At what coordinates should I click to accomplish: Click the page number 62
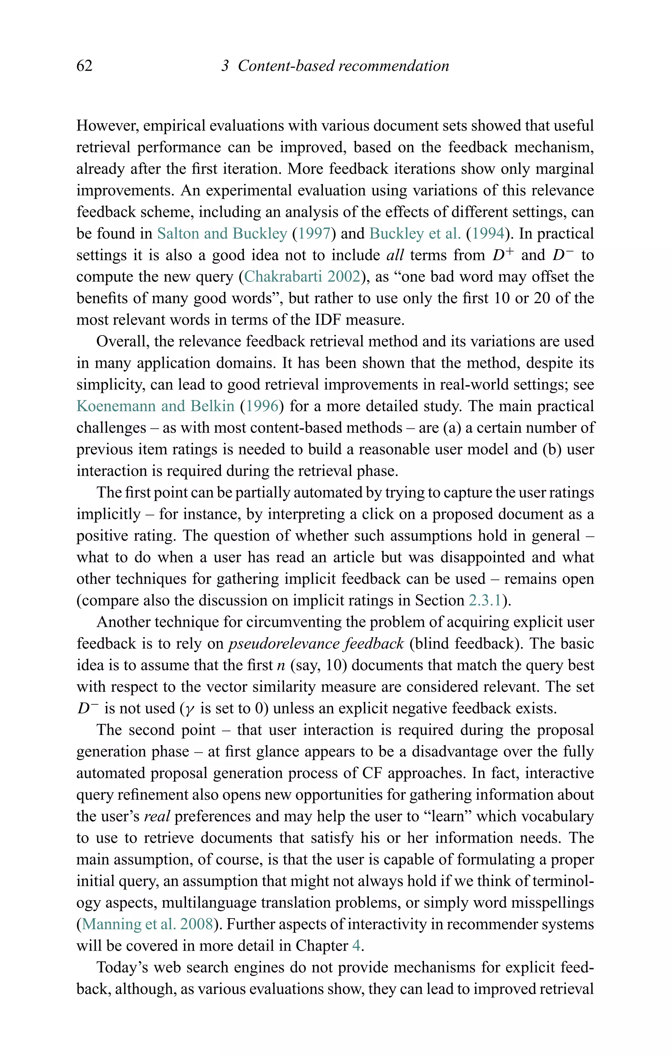84,66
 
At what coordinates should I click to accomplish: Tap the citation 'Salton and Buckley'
222,234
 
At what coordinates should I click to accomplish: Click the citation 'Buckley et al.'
415,234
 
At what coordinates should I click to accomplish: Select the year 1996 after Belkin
262,406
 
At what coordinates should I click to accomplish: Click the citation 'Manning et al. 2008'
147,924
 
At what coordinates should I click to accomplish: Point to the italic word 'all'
395,255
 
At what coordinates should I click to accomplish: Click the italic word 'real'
157,816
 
